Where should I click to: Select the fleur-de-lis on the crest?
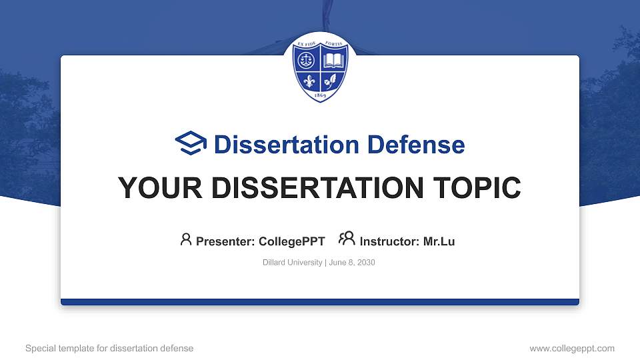click(x=308, y=81)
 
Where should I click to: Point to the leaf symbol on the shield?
click(x=331, y=81)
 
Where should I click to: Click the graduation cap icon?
click(x=191, y=143)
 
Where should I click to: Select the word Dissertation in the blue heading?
click(x=279, y=145)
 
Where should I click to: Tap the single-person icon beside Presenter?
click(x=186, y=239)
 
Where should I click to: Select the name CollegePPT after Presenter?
click(x=291, y=241)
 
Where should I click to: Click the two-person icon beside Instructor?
click(x=347, y=239)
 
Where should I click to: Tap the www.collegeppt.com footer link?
click(x=571, y=348)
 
